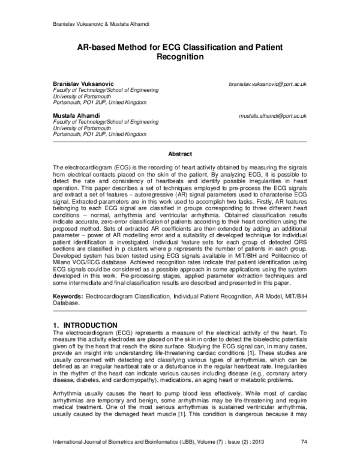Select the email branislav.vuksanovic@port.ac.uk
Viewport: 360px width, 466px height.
(x=268, y=85)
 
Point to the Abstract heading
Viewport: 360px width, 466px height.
(x=180, y=154)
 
